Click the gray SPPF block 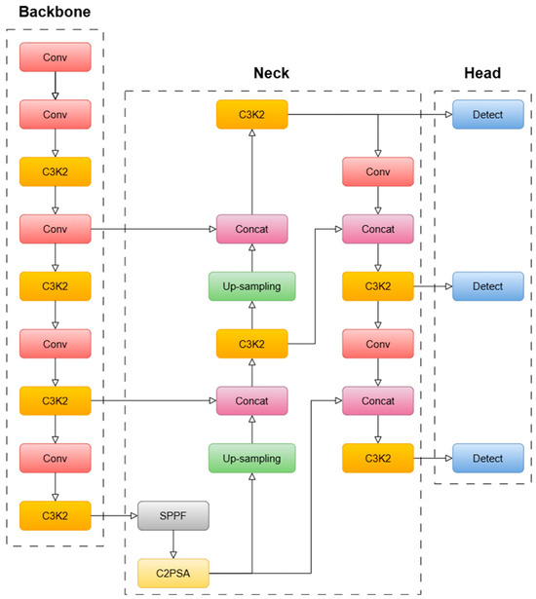[x=173, y=515]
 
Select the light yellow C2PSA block [x=173, y=573]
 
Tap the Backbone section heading [x=55, y=12]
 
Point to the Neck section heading [x=272, y=73]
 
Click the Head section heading [x=482, y=73]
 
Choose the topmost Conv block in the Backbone [x=56, y=56]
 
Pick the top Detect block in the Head [x=488, y=114]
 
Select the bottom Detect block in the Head [x=488, y=458]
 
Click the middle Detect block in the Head [x=488, y=286]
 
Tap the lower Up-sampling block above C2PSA [x=252, y=458]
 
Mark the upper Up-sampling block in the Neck [x=252, y=286]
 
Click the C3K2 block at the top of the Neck [x=252, y=114]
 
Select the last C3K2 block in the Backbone [x=56, y=515]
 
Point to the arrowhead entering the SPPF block [x=134, y=515]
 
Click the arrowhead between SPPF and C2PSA [x=173, y=555]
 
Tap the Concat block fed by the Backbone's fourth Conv [x=252, y=229]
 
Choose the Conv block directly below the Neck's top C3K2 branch [x=378, y=171]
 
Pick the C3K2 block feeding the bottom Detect [x=378, y=458]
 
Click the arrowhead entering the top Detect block [x=449, y=114]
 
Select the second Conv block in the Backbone [x=56, y=114]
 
